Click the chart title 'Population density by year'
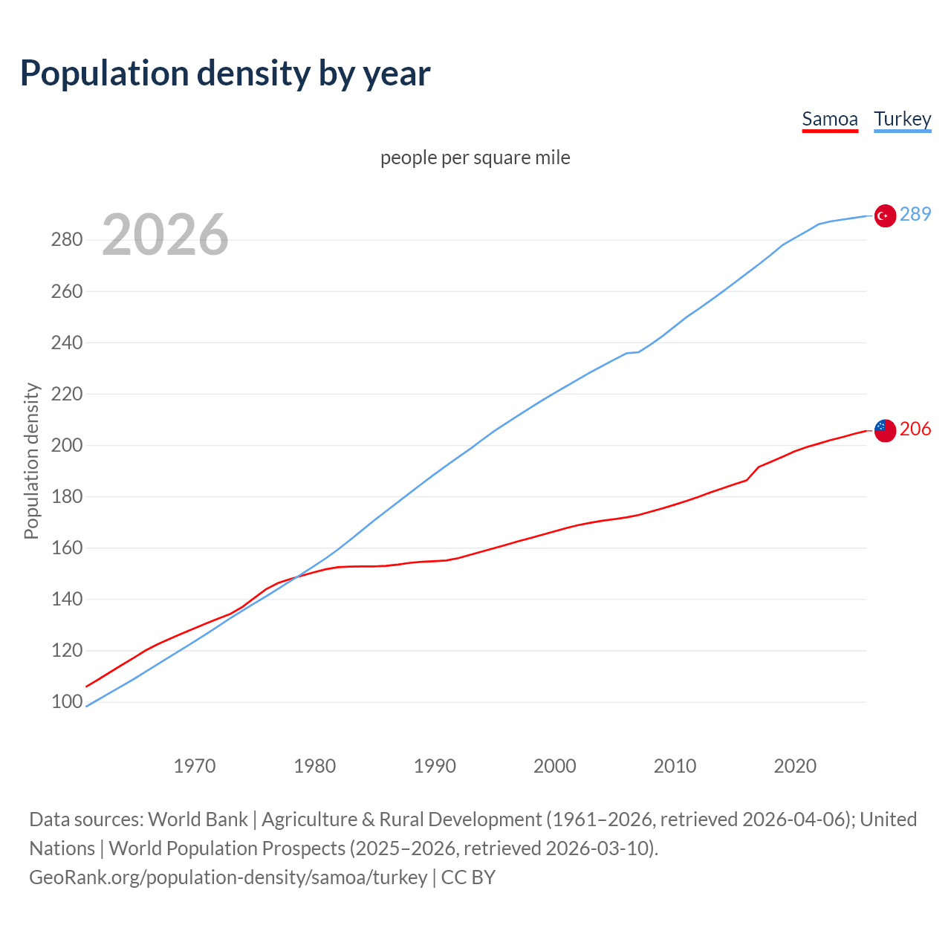225,73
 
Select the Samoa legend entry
830,119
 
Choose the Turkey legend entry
902,119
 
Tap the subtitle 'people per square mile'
475,158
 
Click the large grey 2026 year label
165,235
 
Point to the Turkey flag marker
884,215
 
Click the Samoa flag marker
884,430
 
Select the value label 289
915,214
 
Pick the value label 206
915,429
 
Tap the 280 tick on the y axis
66,239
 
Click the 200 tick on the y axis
66,445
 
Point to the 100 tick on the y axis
66,701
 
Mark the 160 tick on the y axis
66,548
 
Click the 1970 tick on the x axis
195,765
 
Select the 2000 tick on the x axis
554,765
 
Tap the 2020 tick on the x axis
795,765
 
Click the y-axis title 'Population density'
31,461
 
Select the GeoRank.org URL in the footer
228,877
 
